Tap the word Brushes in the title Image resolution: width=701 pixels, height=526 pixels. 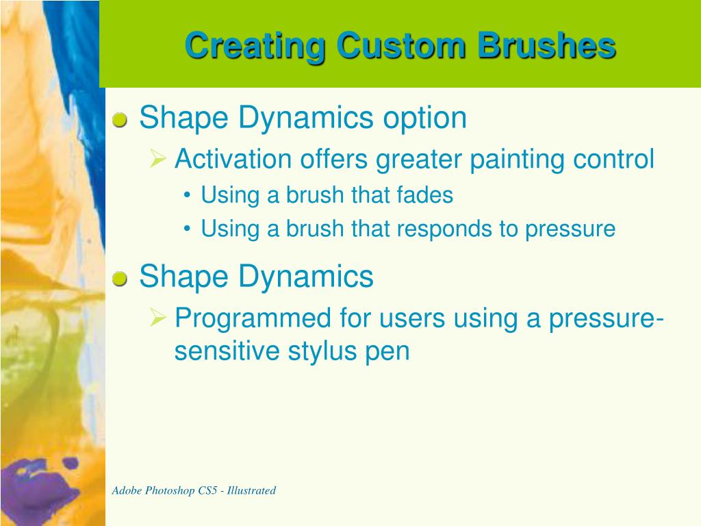click(547, 46)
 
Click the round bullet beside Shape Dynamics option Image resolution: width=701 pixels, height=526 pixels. click(119, 120)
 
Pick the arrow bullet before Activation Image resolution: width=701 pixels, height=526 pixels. click(158, 158)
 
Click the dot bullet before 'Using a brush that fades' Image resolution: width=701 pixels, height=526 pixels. click(187, 195)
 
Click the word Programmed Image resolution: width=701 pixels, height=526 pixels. click(253, 319)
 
